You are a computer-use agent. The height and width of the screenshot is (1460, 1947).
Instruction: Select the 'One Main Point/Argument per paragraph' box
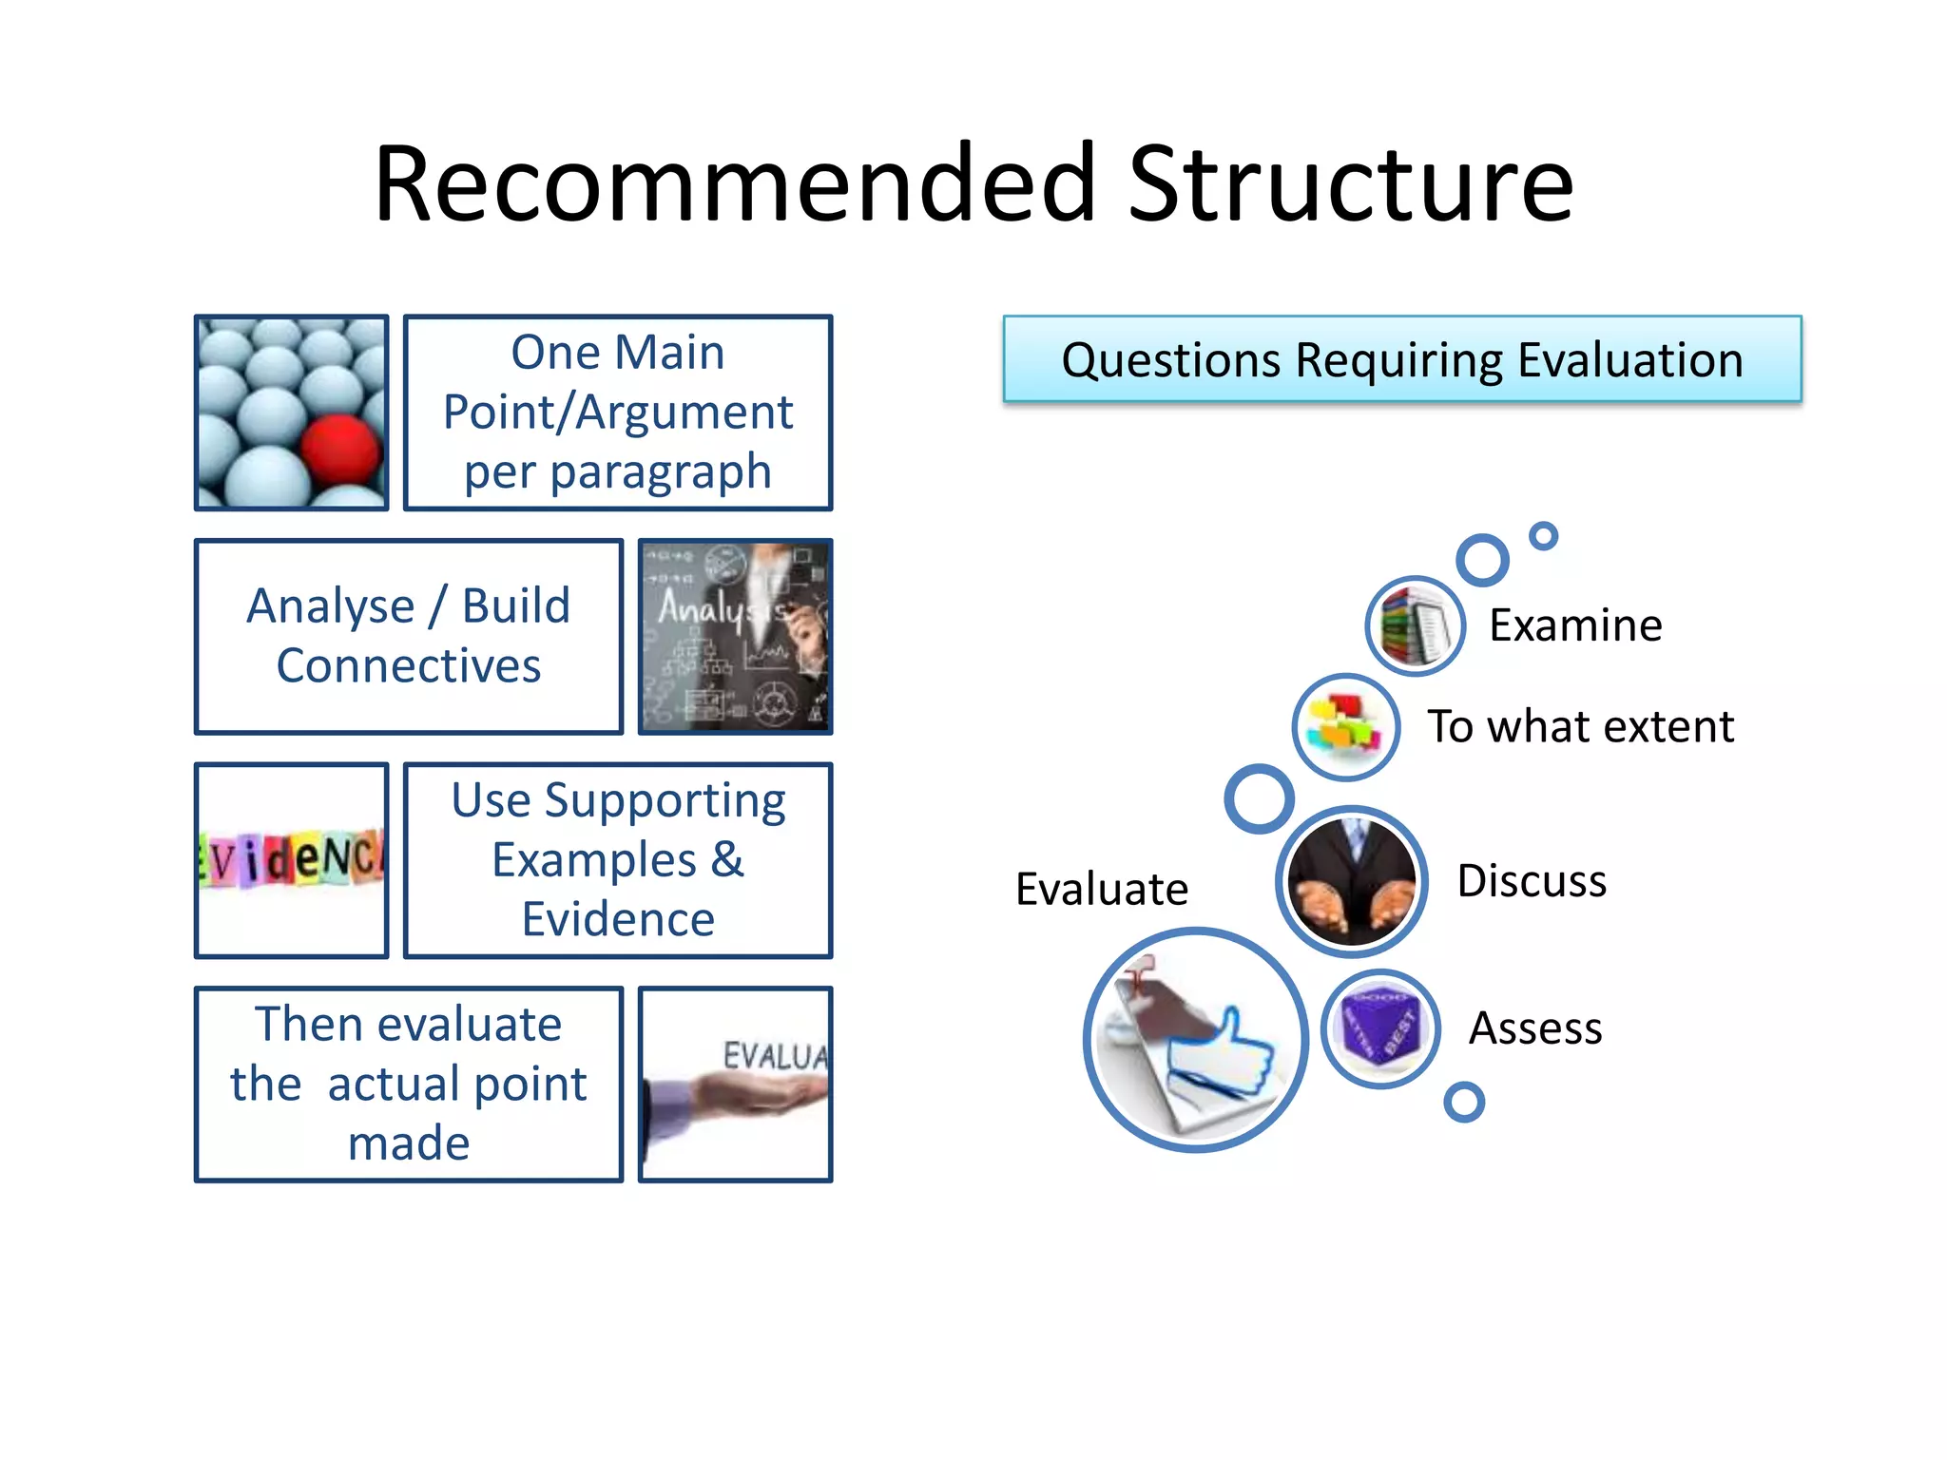(618, 413)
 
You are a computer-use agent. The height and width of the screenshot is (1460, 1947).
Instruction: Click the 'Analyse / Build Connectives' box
(409, 636)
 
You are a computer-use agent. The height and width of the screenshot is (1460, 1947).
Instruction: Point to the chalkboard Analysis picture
(735, 636)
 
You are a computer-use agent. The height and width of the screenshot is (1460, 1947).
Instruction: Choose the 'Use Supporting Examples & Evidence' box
(618, 860)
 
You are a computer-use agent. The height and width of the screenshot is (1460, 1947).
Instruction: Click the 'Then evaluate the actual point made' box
(409, 1084)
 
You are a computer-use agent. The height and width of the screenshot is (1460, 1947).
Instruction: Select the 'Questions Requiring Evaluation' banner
(1402, 359)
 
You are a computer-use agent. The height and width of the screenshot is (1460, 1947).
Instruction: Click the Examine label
(1575, 625)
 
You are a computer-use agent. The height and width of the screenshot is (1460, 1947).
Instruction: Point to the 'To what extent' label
(1580, 727)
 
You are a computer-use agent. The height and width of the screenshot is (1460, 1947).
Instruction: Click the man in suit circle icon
(1351, 881)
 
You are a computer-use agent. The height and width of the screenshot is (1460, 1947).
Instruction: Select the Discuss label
(1532, 881)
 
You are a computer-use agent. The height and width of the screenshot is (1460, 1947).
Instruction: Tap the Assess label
(1535, 1028)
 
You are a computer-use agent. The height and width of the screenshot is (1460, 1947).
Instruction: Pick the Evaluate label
(1102, 890)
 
